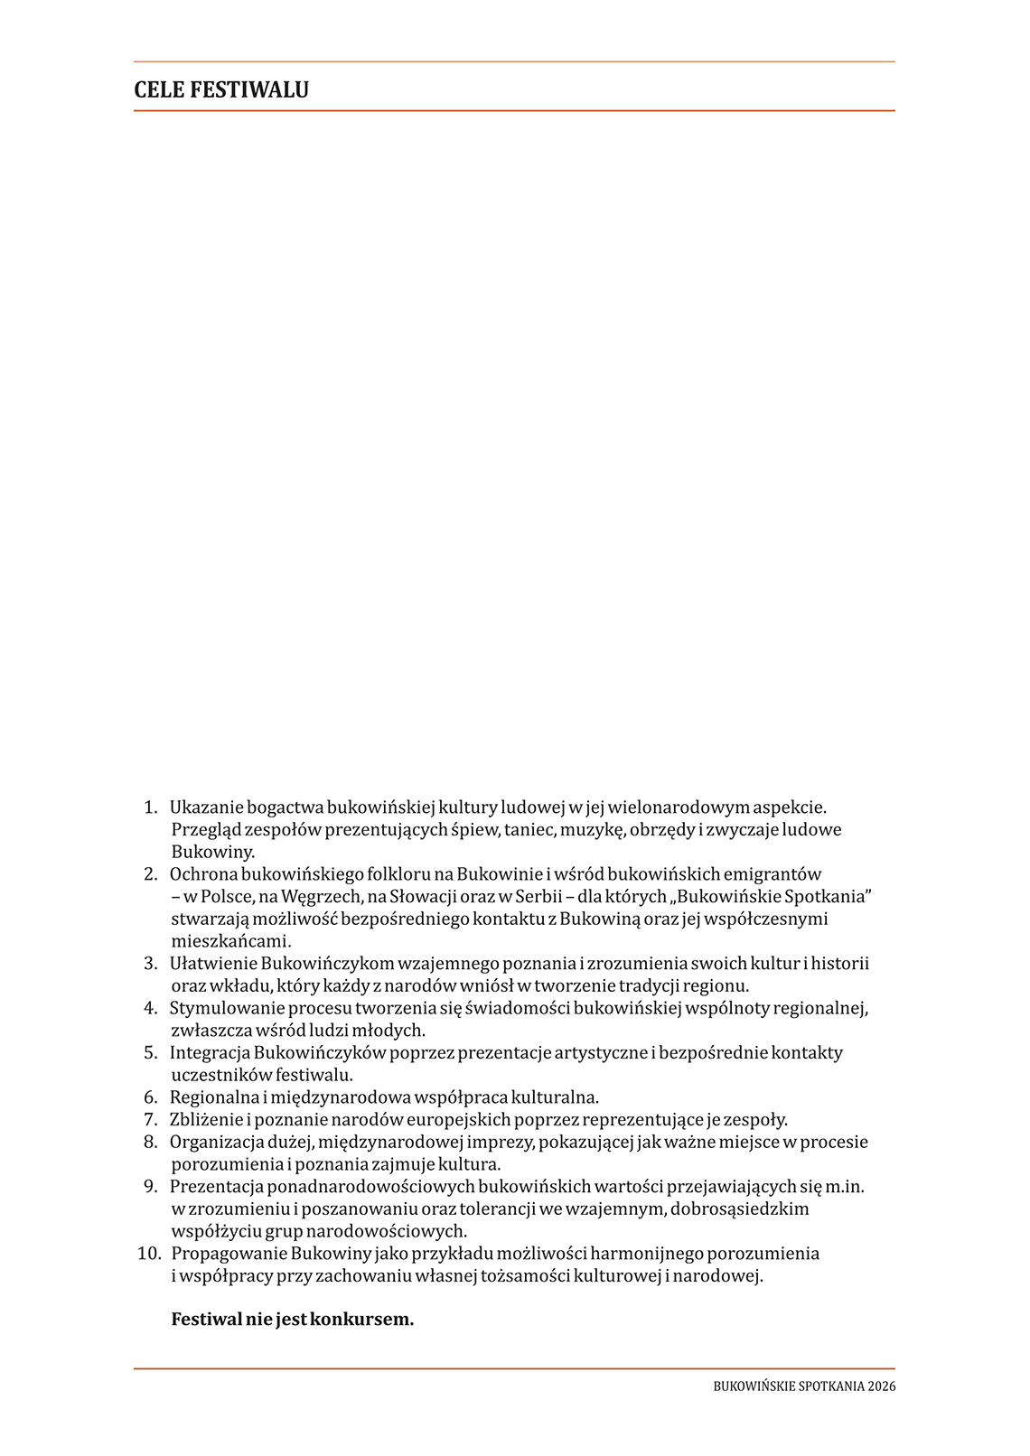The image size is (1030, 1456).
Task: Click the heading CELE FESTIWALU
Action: [221, 89]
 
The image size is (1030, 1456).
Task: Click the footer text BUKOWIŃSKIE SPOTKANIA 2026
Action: [804, 1386]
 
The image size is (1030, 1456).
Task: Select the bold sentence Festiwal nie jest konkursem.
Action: [292, 1319]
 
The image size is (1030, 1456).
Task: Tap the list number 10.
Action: [148, 1253]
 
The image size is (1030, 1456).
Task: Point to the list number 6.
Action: [151, 1097]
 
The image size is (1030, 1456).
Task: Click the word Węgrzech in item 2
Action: [321, 896]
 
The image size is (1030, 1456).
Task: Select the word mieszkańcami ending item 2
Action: [230, 941]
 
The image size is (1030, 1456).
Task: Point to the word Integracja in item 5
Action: [210, 1052]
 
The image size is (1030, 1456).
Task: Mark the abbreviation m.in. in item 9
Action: [845, 1186]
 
